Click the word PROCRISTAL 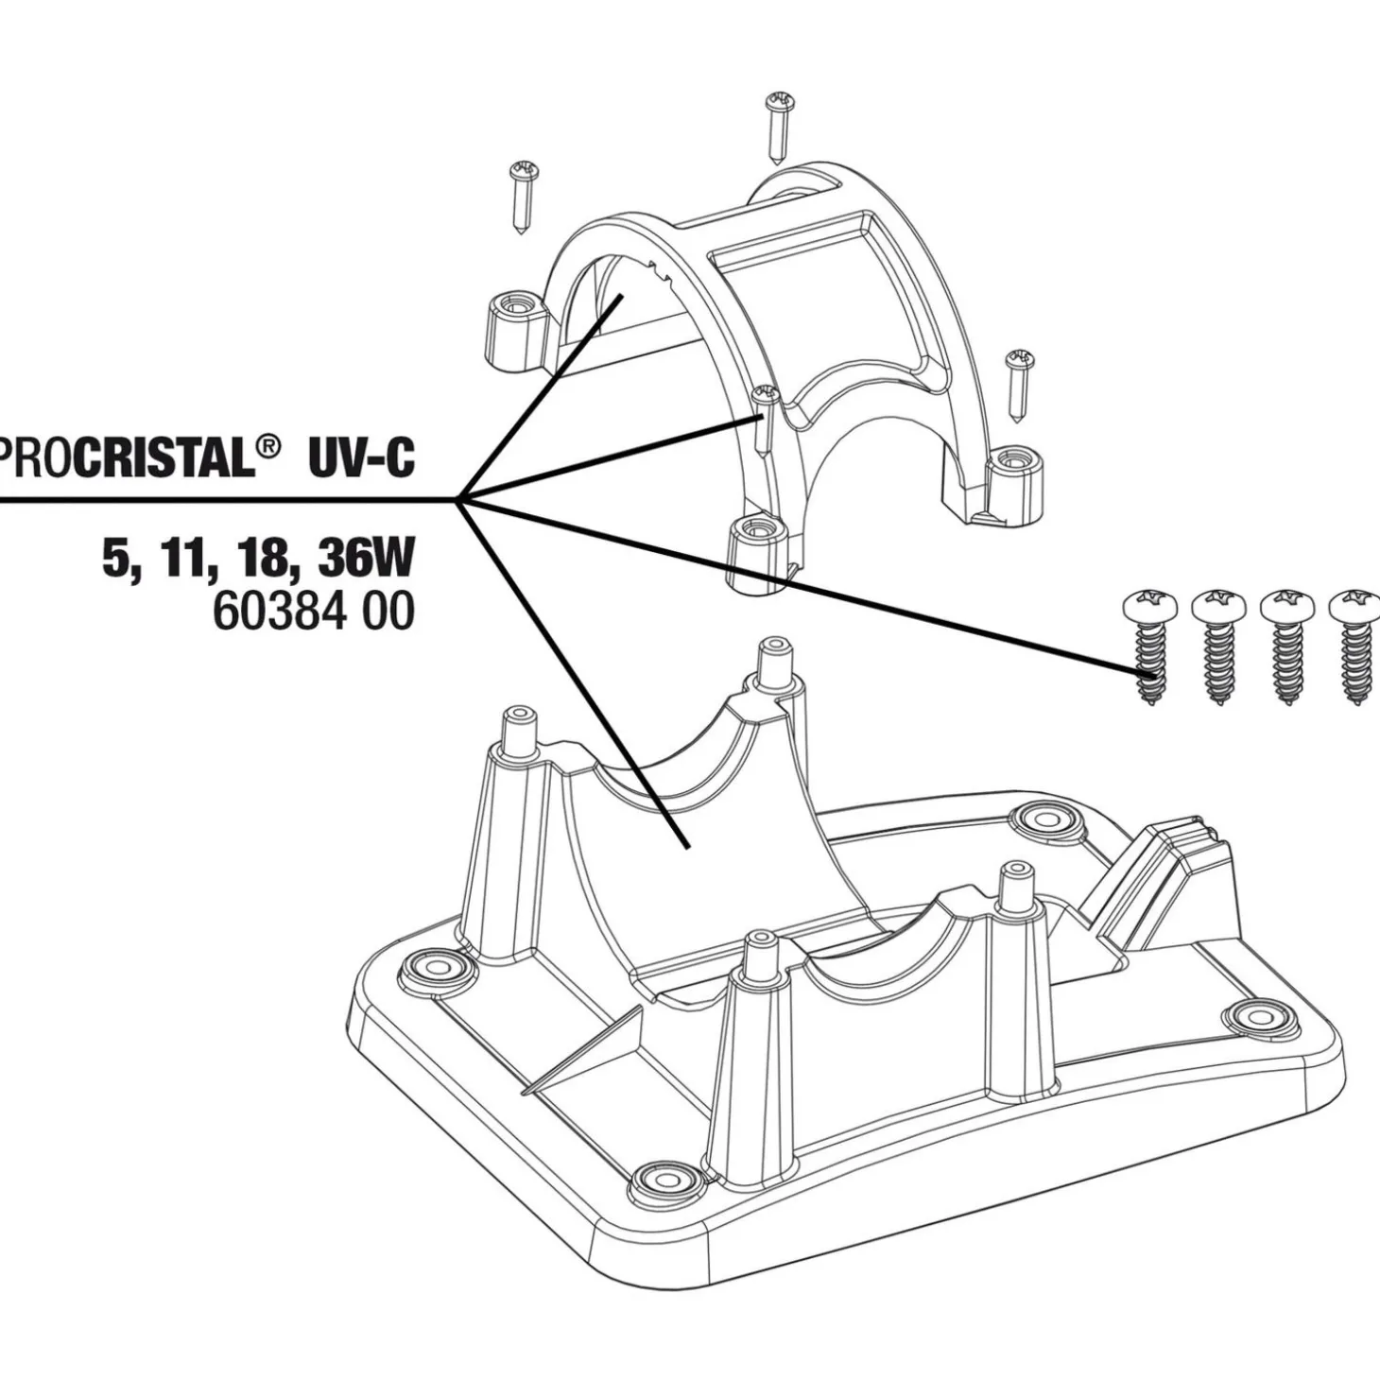pos(132,458)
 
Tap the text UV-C pos(360,458)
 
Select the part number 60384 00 pos(312,612)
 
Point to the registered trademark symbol pos(268,444)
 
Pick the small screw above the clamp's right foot pos(1020,386)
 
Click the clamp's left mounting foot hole pos(516,309)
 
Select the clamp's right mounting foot pos(1014,465)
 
